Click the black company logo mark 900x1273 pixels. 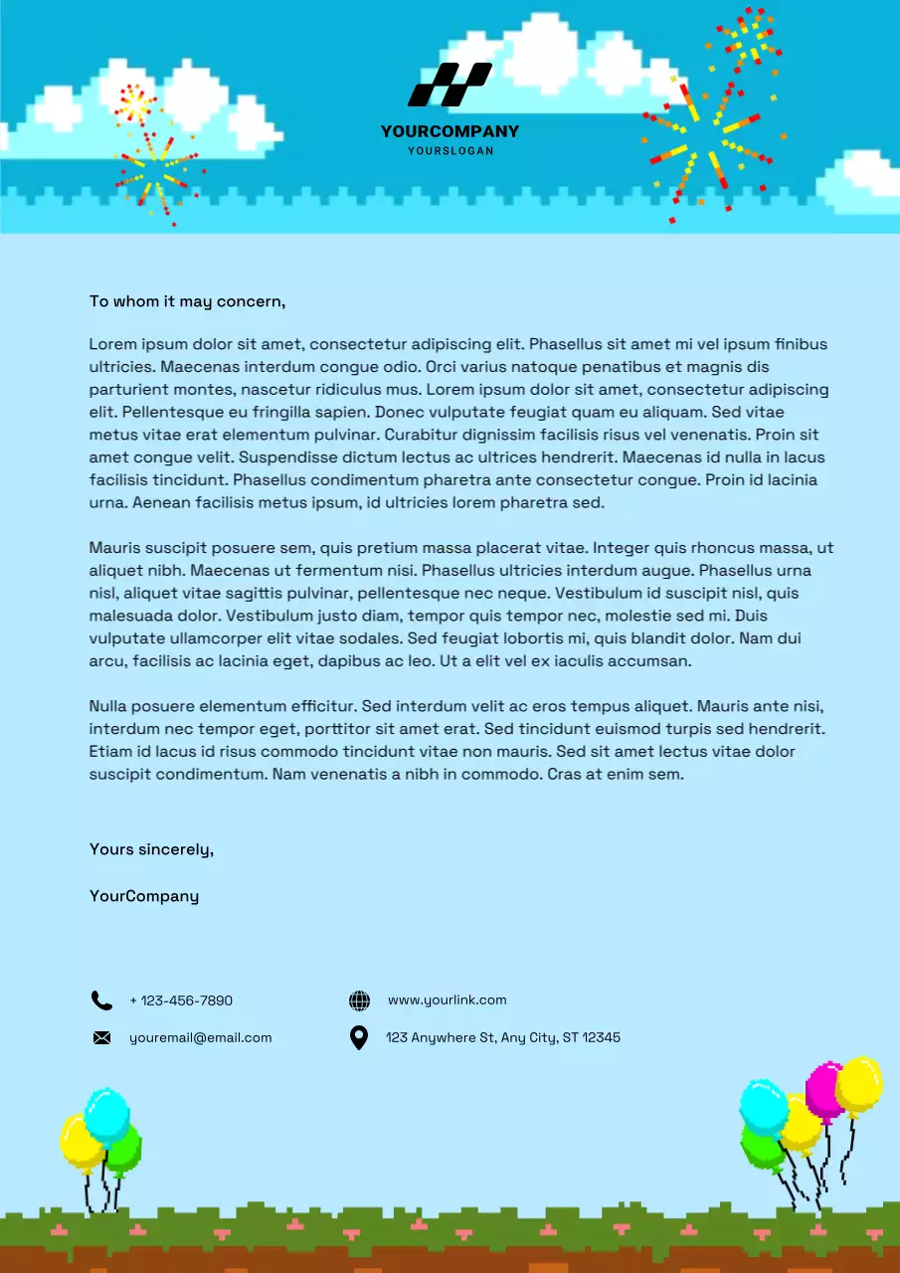tap(450, 85)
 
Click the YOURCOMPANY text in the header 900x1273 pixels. tap(450, 131)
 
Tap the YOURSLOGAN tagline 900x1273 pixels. tap(450, 151)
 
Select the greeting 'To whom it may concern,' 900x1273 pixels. tap(187, 301)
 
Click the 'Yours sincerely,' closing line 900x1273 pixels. tap(151, 849)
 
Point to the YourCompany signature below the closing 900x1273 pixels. tap(144, 896)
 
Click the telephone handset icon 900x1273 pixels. tap(101, 1000)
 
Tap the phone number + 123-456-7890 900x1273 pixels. tap(181, 1000)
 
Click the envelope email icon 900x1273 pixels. tap(101, 1038)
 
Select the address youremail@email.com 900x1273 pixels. tap(200, 1038)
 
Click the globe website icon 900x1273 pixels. tap(359, 1000)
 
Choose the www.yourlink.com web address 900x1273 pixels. tap(447, 1000)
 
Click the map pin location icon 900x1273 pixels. tap(359, 1038)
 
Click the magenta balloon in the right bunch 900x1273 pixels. tap(823, 1089)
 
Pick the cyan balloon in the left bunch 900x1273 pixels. tap(106, 1114)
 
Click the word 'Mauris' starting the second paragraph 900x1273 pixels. tap(114, 548)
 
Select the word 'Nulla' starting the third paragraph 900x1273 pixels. tap(109, 707)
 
